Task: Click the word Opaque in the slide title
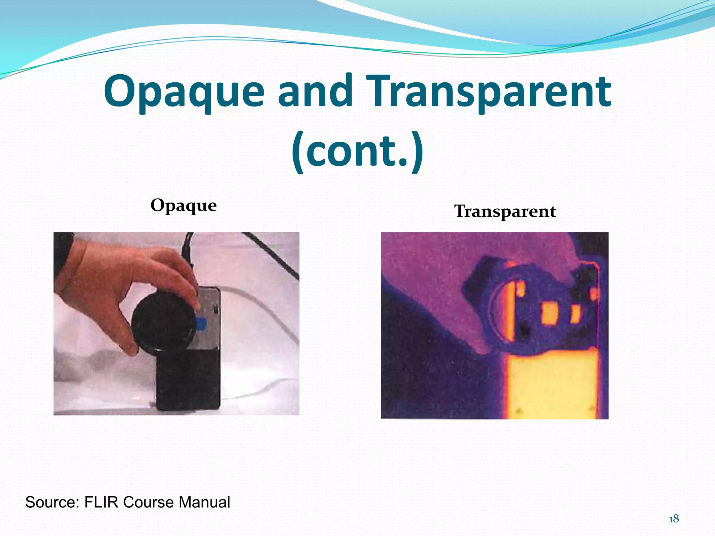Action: (x=184, y=91)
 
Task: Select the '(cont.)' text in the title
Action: (x=357, y=151)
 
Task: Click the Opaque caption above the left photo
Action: (x=184, y=206)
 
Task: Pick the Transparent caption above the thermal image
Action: (x=505, y=211)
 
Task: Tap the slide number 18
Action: (x=674, y=519)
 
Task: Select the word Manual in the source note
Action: (x=204, y=502)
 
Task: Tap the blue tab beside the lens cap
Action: (x=202, y=323)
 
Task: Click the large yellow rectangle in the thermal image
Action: (x=552, y=384)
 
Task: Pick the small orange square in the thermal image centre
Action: (x=549, y=312)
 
